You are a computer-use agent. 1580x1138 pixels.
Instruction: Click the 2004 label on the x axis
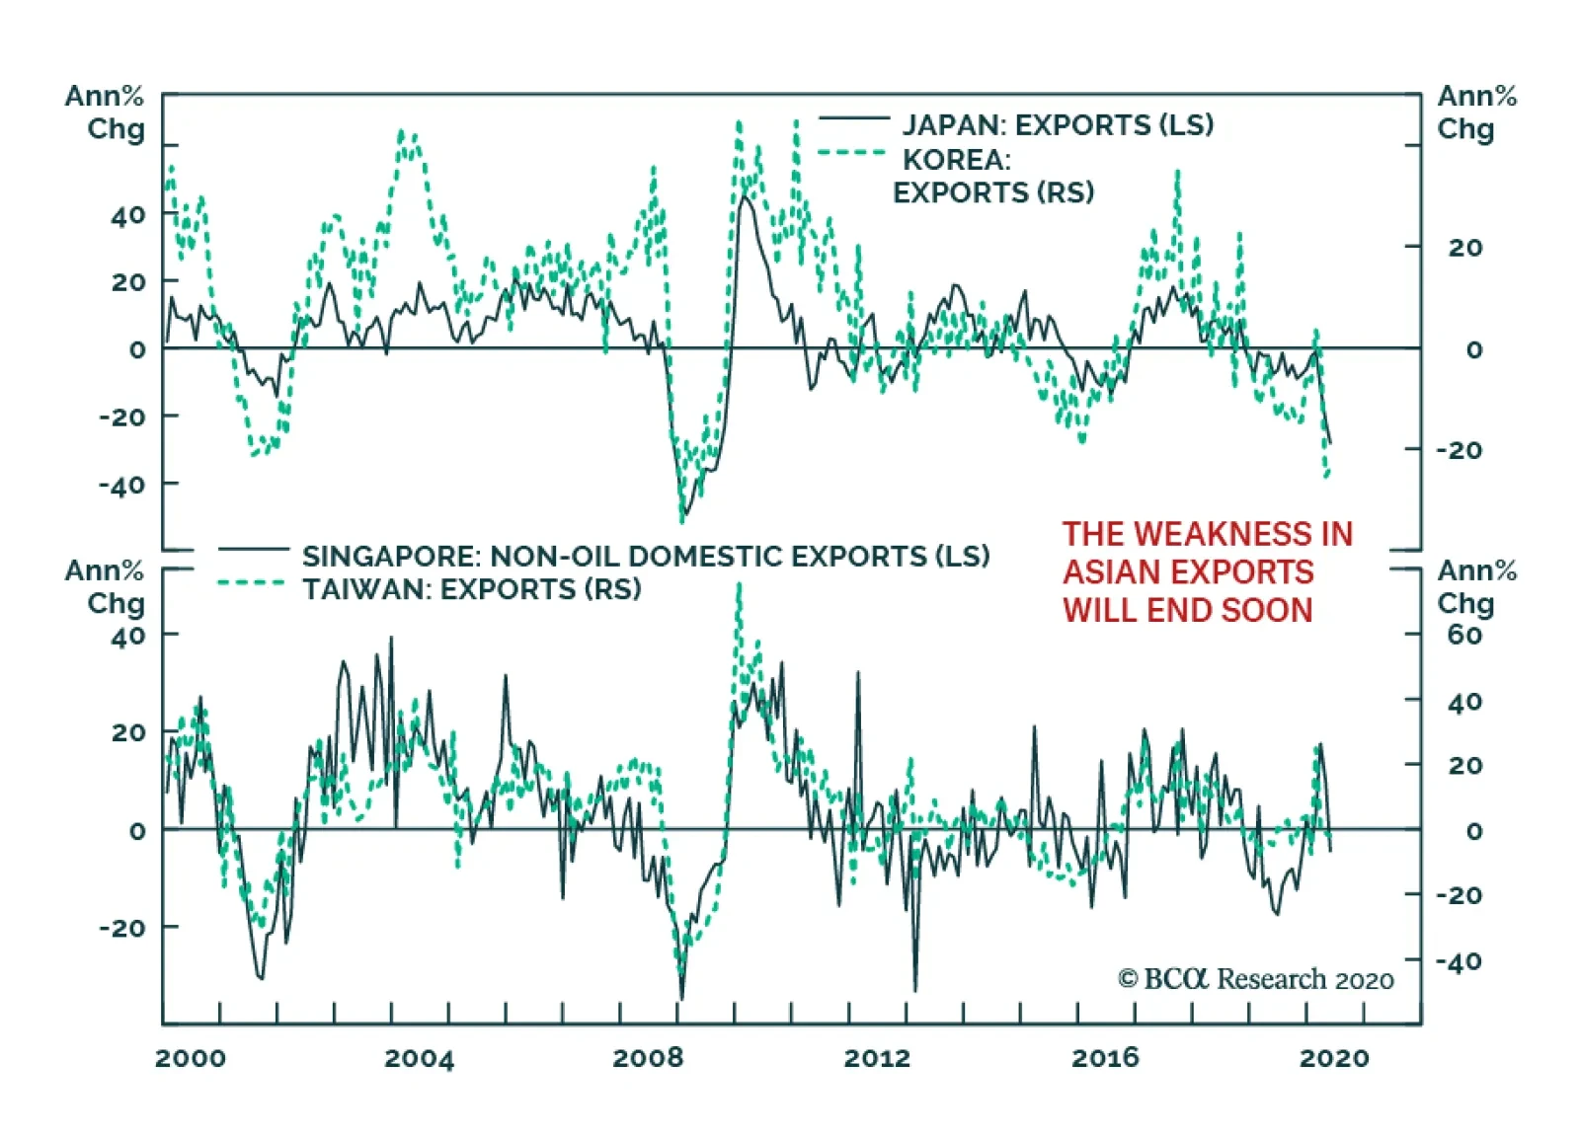click(x=419, y=1059)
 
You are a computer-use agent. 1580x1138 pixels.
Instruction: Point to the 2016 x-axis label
click(x=1105, y=1059)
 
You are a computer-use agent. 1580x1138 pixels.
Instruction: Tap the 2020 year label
click(x=1334, y=1059)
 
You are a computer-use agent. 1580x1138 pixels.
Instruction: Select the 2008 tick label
click(x=648, y=1059)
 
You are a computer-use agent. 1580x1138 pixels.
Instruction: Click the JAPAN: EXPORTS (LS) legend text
click(x=1058, y=125)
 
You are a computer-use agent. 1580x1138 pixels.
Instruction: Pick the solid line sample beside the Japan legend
click(x=854, y=119)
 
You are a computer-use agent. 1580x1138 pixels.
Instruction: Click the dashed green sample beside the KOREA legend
click(x=851, y=153)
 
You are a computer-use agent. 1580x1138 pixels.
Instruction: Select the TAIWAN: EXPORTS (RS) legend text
click(x=471, y=590)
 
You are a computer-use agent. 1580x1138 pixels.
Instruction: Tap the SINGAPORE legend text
click(x=646, y=557)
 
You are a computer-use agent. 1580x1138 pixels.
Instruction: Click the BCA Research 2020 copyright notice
click(x=1255, y=979)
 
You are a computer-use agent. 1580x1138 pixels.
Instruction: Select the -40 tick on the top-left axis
click(x=121, y=486)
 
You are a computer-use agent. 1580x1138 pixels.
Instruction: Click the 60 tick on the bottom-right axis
click(x=1464, y=635)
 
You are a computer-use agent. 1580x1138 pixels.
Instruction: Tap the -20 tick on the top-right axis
click(x=1459, y=450)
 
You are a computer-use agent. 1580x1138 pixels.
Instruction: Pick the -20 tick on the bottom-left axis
click(x=122, y=928)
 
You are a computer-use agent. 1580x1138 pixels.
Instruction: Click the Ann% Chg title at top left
click(x=105, y=113)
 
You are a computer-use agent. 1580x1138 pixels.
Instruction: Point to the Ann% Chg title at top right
click(x=1476, y=113)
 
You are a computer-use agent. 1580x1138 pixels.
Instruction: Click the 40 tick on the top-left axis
click(x=128, y=216)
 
